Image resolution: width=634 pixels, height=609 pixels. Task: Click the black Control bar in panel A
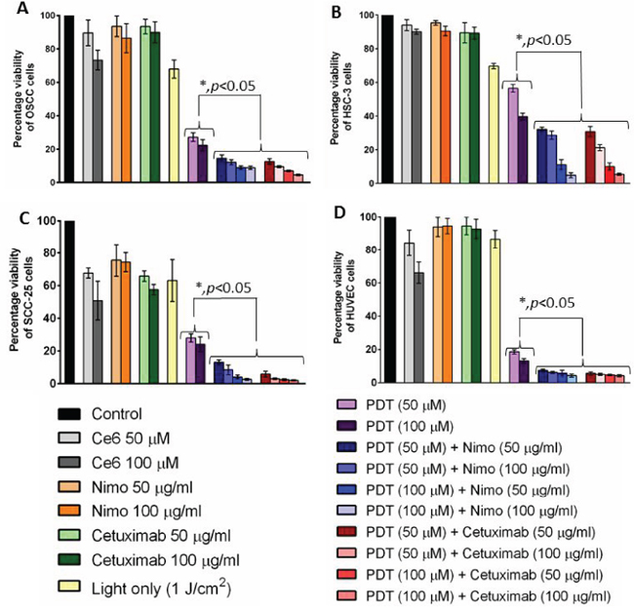click(x=69, y=97)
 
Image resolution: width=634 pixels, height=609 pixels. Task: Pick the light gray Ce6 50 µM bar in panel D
click(x=411, y=312)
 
